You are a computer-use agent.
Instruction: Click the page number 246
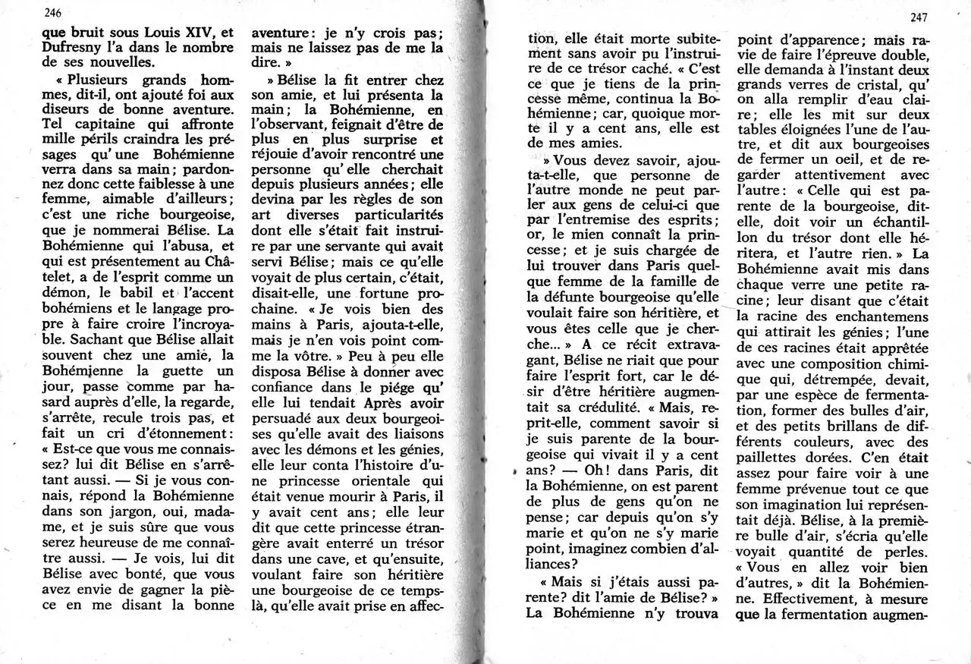(52, 12)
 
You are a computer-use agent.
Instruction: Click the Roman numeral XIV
(199, 33)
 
